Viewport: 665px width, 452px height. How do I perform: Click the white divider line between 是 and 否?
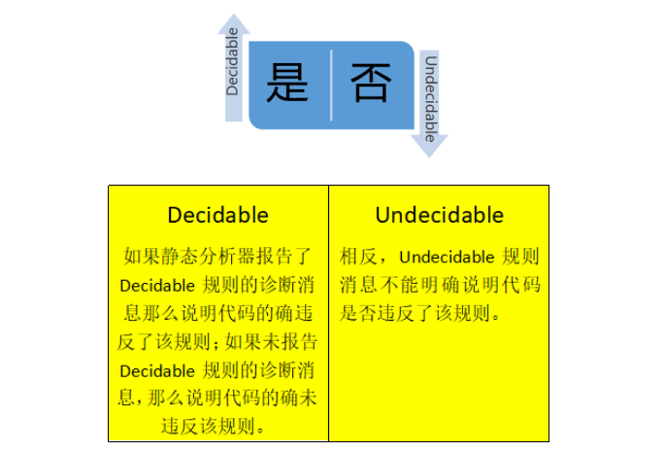point(331,85)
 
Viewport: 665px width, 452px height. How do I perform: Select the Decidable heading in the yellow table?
point(217,215)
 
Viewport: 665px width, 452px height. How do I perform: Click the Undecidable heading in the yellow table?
point(439,215)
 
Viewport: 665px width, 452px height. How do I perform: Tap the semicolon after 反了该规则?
point(219,342)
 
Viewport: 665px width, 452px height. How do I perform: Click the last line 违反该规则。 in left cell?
point(218,426)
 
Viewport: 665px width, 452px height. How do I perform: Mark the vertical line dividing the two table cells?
point(328,311)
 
